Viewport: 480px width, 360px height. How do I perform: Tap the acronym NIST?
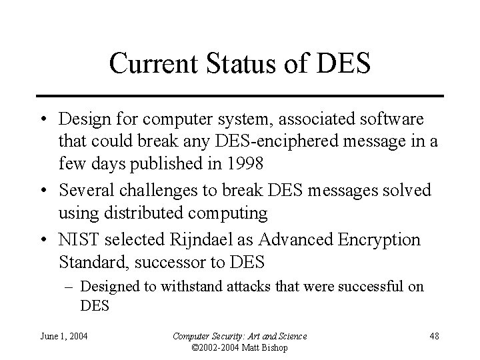[x=77, y=239]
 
